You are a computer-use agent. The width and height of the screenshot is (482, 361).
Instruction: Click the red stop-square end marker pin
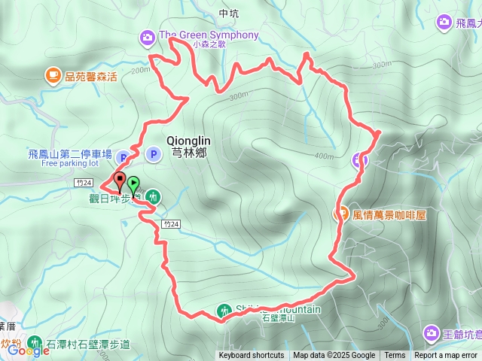click(x=120, y=180)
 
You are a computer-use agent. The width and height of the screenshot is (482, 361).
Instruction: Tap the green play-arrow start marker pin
click(x=133, y=183)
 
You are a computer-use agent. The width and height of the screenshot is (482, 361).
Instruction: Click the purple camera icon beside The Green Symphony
click(x=148, y=35)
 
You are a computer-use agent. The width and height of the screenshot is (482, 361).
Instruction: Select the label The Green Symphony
click(x=209, y=35)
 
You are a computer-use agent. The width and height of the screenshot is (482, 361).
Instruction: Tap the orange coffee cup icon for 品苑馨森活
click(x=53, y=74)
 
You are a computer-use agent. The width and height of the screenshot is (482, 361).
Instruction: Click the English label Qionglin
click(x=188, y=140)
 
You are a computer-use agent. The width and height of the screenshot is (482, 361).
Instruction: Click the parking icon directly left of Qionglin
click(x=154, y=154)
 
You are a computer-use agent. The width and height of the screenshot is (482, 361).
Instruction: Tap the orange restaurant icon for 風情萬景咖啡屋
click(x=341, y=214)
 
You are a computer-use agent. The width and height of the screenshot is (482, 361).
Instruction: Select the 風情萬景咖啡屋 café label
click(x=389, y=214)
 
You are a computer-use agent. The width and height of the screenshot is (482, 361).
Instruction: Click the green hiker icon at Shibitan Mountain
click(x=224, y=310)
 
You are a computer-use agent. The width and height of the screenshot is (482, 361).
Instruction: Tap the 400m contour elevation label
click(x=325, y=156)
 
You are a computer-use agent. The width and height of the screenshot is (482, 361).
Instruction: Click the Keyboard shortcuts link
click(x=252, y=356)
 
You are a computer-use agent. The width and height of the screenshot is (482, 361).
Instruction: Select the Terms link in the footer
click(x=395, y=356)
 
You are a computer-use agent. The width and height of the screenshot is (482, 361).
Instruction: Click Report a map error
click(x=446, y=356)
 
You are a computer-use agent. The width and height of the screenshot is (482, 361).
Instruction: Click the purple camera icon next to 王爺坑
click(x=432, y=332)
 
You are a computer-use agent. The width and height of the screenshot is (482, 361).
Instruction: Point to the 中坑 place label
click(x=227, y=14)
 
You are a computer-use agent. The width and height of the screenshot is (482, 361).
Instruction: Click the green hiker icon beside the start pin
click(x=154, y=197)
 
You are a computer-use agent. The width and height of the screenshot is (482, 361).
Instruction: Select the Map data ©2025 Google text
click(x=334, y=356)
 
